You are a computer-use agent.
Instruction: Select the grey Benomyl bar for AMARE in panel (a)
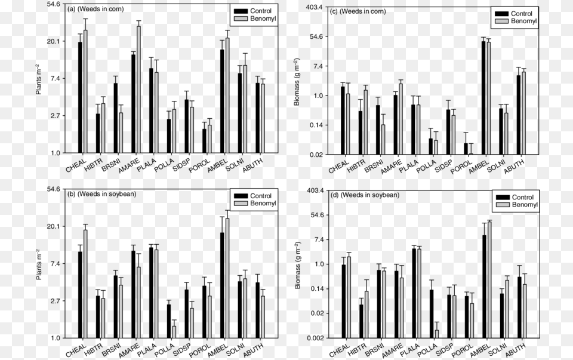tap(138, 90)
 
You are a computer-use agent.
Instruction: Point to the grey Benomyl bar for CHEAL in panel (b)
tap(85, 284)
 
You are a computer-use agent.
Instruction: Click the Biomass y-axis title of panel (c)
tap(297, 82)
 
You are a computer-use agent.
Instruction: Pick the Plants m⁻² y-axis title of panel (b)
tap(39, 264)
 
